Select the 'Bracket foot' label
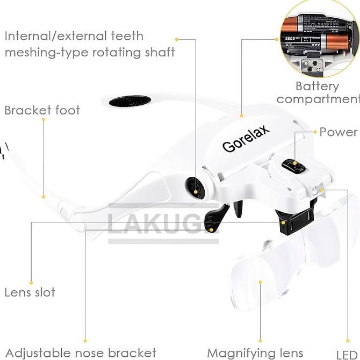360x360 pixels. pos(42,111)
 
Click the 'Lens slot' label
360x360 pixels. pos(30,293)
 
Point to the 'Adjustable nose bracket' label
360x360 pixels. pos(81,353)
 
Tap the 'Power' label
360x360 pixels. pos(339,132)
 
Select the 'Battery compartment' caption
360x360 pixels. pos(317,92)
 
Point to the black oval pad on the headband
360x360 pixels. pos(129,101)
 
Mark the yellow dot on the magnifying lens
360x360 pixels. pos(260,281)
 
